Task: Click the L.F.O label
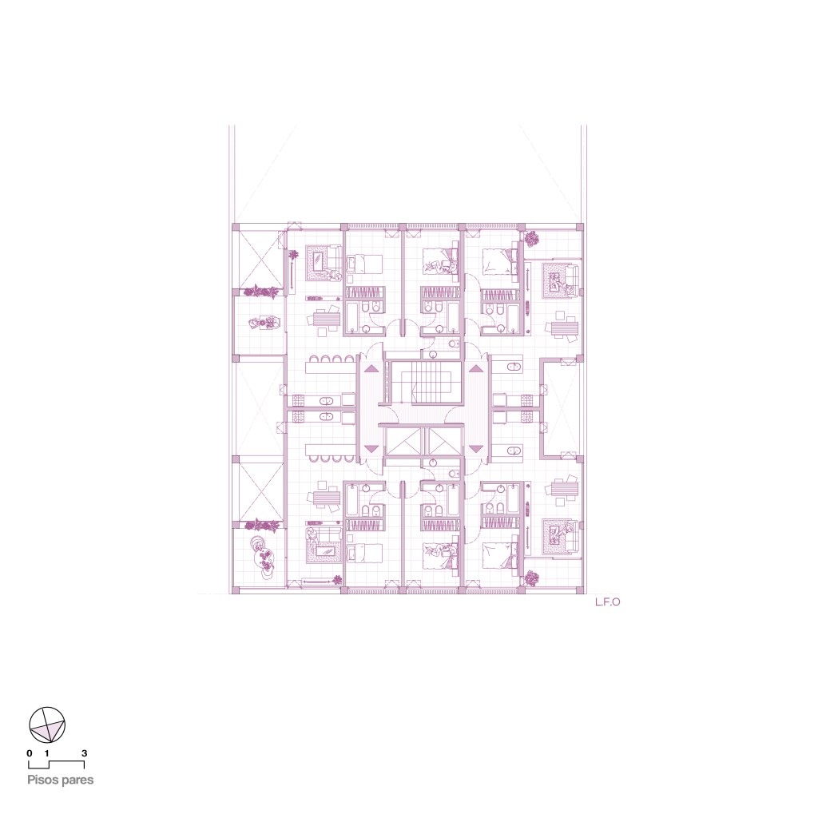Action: tap(608, 602)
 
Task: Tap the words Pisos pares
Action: tap(61, 780)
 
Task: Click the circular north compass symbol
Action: tap(47, 725)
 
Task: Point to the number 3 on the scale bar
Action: tap(84, 753)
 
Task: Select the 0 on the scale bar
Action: tap(30, 753)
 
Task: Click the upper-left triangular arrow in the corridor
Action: tap(371, 369)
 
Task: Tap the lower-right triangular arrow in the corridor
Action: tap(476, 448)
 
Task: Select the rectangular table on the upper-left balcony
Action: tap(260, 324)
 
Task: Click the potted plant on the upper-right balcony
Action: tap(531, 239)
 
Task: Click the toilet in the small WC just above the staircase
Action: tap(454, 343)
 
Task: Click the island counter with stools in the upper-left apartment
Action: tap(331, 366)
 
